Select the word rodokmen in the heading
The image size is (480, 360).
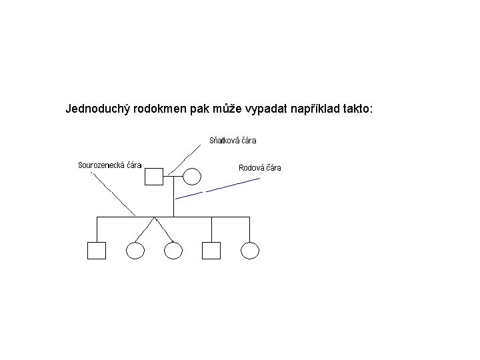(160, 108)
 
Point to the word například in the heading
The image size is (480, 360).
(317, 108)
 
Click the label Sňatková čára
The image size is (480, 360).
(233, 141)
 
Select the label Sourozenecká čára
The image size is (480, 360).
(109, 165)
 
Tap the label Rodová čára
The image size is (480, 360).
(260, 168)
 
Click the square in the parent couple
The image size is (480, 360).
(155, 177)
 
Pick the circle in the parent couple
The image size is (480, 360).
(192, 177)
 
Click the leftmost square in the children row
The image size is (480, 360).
(97, 250)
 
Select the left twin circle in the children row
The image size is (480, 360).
(135, 250)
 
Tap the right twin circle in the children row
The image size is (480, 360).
(173, 250)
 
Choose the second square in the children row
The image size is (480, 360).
(211, 250)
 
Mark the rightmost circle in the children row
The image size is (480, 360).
(250, 250)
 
